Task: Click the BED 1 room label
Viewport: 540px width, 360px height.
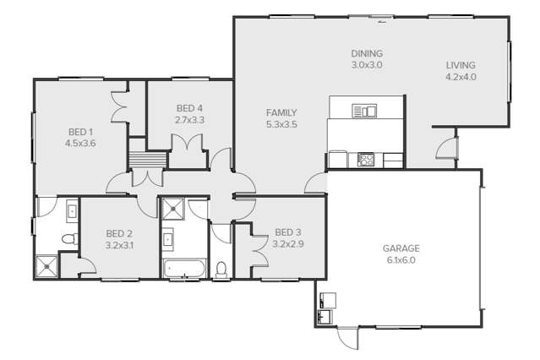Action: click(x=80, y=132)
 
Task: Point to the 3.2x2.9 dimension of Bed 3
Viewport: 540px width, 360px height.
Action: click(x=287, y=243)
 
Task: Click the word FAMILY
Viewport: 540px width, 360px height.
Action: click(x=281, y=112)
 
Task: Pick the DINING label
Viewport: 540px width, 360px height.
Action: click(x=367, y=53)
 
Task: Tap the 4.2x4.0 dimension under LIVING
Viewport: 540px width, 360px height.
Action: click(x=461, y=76)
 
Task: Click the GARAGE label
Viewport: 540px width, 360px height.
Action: click(x=401, y=248)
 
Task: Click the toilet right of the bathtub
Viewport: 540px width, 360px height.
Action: click(x=221, y=270)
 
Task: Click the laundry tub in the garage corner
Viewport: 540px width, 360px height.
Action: click(x=325, y=316)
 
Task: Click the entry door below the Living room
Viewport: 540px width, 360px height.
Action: click(x=444, y=148)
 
